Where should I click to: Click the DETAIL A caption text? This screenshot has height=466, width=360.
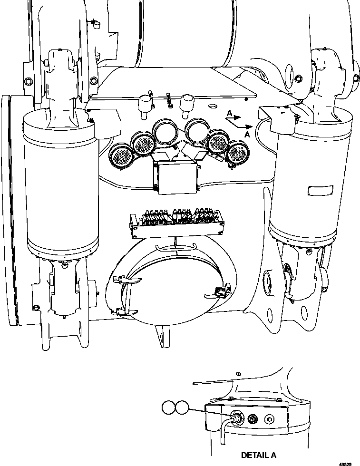[258, 455]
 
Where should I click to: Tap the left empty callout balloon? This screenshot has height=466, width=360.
[168, 407]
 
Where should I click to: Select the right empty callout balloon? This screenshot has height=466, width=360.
[182, 407]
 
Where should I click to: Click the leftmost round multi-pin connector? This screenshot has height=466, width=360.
[120, 156]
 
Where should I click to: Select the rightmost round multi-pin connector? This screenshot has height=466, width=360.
[238, 155]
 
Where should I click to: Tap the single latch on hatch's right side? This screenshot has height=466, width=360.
[221, 291]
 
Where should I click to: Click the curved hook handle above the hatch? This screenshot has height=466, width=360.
[175, 247]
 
